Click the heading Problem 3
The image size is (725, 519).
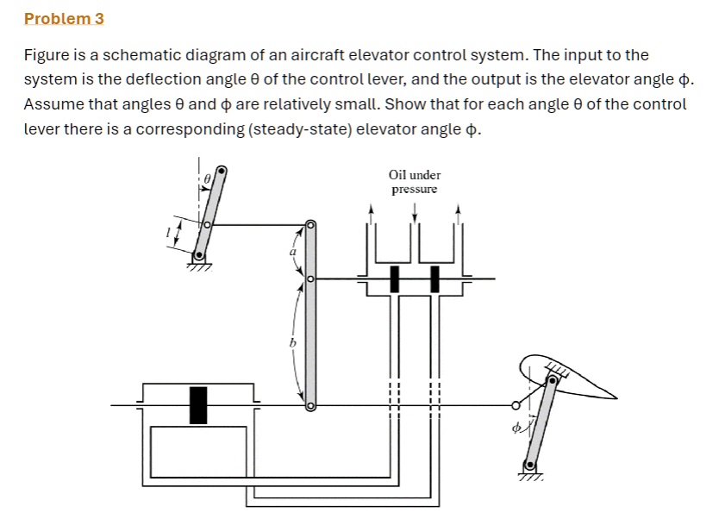click(64, 18)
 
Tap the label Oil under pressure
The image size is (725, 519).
click(415, 182)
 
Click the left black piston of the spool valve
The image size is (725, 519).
click(394, 278)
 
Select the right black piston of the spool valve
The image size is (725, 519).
click(434, 278)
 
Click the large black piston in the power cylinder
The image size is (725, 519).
click(198, 404)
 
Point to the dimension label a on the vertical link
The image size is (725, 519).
click(292, 252)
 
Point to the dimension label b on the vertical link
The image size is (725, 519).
click(292, 343)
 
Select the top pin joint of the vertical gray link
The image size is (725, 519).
click(310, 226)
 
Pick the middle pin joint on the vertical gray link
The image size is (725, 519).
click(310, 279)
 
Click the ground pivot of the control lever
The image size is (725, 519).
click(199, 255)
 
